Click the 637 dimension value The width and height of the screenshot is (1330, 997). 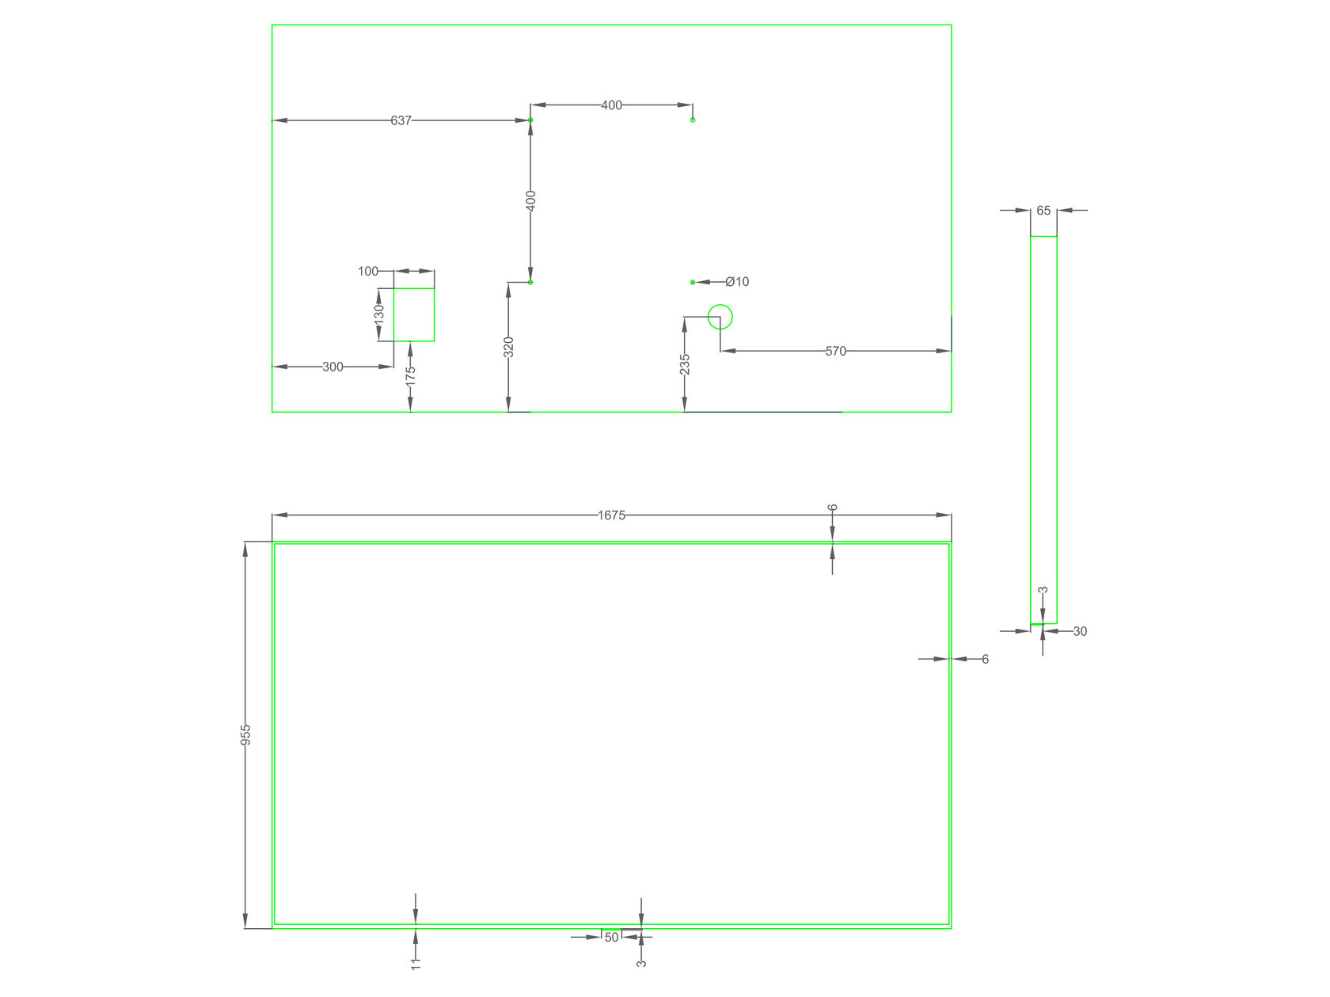401,120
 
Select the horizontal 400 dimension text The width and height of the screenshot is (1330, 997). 611,105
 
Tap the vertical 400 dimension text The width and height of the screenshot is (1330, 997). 531,200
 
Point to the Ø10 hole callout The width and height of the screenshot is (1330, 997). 737,282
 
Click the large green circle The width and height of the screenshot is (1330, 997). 720,317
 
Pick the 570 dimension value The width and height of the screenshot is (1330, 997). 835,351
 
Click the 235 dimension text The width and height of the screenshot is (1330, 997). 685,364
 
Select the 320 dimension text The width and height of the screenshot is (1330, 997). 509,347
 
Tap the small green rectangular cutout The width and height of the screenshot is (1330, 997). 414,314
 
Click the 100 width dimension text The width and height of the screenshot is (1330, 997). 368,271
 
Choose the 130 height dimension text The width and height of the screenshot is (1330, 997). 379,314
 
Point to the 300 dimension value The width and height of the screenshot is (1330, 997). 332,367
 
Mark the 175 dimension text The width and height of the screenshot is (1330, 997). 410,376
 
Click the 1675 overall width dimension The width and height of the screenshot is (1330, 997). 611,516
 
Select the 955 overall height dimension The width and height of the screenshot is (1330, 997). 245,734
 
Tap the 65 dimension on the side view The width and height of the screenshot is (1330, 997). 1043,211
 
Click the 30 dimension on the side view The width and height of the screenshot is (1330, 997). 1080,631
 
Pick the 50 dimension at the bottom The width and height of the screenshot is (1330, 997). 611,938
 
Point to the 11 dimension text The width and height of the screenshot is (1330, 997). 416,963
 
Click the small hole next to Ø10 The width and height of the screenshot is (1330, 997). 693,282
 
